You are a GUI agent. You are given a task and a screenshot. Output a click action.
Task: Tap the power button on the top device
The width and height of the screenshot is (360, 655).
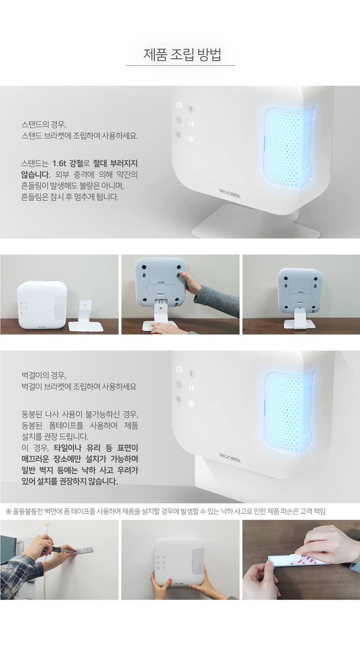click(x=191, y=138)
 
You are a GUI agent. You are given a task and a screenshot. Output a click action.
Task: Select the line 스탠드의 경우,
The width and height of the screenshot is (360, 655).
click(x=44, y=125)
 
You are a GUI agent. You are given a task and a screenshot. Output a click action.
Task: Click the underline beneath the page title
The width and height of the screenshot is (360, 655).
click(x=180, y=66)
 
